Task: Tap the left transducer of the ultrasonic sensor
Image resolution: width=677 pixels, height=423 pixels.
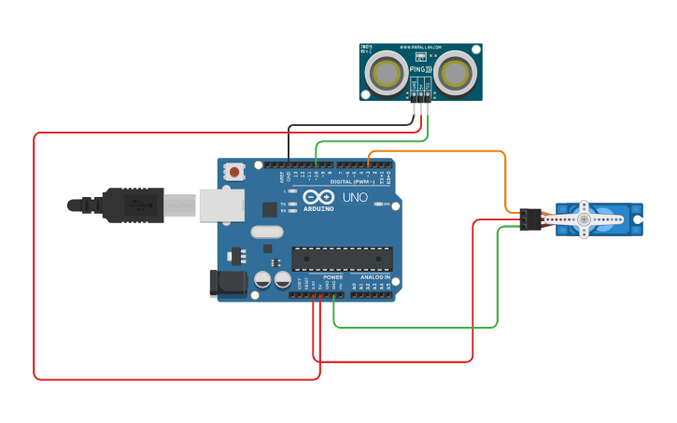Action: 386,72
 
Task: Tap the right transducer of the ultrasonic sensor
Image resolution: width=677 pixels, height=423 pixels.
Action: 455,72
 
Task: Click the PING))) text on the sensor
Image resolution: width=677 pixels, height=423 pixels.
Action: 420,69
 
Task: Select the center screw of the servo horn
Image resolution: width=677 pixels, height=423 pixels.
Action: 584,219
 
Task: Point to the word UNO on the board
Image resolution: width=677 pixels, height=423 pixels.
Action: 356,198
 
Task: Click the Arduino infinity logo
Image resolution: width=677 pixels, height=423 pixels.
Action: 318,198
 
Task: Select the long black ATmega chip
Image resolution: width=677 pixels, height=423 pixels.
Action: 342,259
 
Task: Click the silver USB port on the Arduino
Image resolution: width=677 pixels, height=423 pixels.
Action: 221,205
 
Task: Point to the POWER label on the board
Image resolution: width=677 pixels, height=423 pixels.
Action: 333,277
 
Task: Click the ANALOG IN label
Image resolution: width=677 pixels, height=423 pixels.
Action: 376,277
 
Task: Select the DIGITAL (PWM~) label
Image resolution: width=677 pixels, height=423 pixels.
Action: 353,181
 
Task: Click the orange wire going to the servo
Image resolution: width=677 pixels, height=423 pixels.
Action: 505,177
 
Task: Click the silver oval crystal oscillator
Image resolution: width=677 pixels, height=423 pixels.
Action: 266,233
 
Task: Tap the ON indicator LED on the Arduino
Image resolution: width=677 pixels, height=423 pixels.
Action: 376,204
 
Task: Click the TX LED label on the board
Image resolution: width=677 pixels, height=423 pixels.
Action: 283,204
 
